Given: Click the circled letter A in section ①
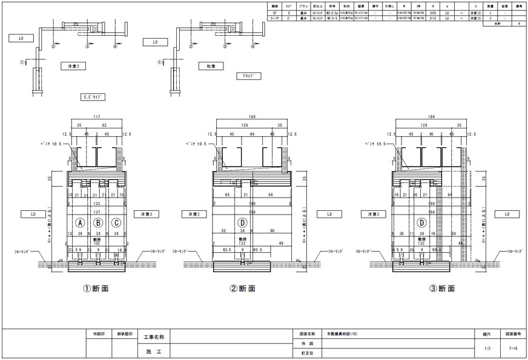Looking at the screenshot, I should pos(79,223).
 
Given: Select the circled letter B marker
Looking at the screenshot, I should pos(98,223).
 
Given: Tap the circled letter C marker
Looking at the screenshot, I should pos(116,223).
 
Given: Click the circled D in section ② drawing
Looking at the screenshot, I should pos(242,223).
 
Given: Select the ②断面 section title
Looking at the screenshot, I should pos(243,289).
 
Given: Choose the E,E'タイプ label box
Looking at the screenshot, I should pos(94,96).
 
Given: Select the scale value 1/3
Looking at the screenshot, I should pos(487,348).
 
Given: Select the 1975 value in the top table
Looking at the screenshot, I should pos(432,12).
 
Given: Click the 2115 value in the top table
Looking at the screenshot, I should pos(432,18).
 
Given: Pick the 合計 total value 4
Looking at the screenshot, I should pos(519,24).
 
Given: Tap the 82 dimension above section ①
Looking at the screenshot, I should pos(105,125).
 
